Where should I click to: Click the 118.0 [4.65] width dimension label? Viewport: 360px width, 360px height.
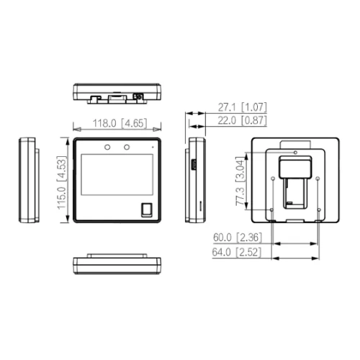[x=120, y=123]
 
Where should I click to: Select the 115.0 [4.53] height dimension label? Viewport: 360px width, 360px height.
[x=61, y=183]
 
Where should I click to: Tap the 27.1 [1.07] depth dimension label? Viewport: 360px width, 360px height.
[x=243, y=107]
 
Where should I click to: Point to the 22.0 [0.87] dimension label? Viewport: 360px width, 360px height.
[x=243, y=120]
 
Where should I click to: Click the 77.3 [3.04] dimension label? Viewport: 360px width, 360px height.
[x=240, y=181]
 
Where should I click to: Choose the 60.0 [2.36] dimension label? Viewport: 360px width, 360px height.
[x=238, y=238]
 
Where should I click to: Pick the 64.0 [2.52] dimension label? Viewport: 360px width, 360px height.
[x=236, y=252]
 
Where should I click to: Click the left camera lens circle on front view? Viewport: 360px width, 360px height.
[x=107, y=147]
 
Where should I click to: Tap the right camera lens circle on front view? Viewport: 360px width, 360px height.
[x=127, y=147]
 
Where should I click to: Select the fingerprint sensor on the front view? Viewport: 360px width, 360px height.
[x=146, y=210]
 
